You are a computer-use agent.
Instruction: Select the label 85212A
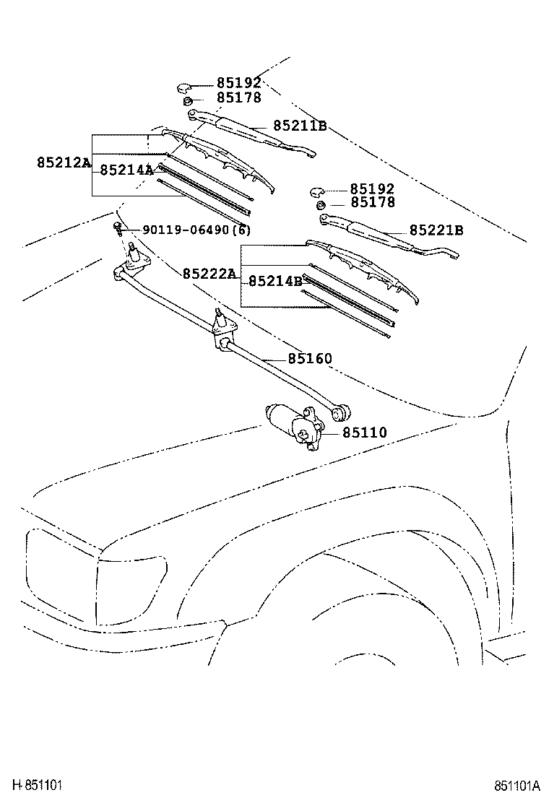64,163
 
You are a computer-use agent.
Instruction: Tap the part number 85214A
126,170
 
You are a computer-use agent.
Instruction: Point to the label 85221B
436,231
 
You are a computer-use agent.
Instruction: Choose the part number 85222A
209,274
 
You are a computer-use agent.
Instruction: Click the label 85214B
275,282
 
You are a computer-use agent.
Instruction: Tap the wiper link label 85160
310,359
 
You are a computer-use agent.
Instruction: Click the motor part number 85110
365,433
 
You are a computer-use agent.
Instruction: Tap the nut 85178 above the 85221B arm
321,206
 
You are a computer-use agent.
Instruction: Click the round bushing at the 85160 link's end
341,412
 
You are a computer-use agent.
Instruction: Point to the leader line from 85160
274,359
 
